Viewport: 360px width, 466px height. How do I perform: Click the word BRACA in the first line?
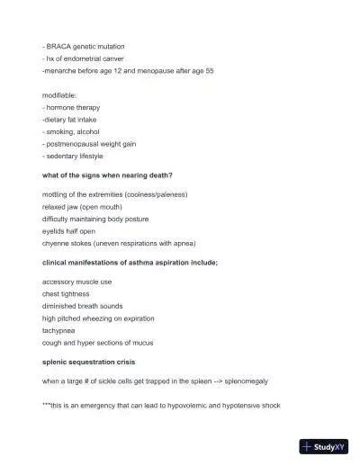coord(58,46)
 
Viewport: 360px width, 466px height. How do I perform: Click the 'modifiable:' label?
coord(60,94)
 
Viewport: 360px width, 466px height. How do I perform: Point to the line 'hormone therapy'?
coord(73,107)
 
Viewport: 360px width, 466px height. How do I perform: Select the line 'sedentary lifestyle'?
coord(75,156)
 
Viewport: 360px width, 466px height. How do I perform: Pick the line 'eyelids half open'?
coord(68,231)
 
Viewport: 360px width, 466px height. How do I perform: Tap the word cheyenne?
coord(59,243)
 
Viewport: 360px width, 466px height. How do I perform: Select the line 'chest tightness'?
coord(66,293)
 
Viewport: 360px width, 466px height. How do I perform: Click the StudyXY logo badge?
coord(324,446)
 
